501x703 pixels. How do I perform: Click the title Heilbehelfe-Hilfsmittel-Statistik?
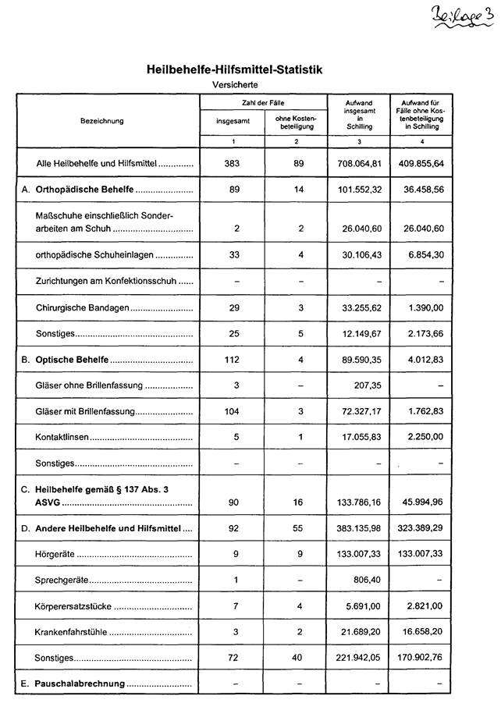(x=235, y=70)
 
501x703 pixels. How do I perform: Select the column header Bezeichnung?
(x=101, y=121)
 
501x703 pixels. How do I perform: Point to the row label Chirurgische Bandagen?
(x=82, y=308)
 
